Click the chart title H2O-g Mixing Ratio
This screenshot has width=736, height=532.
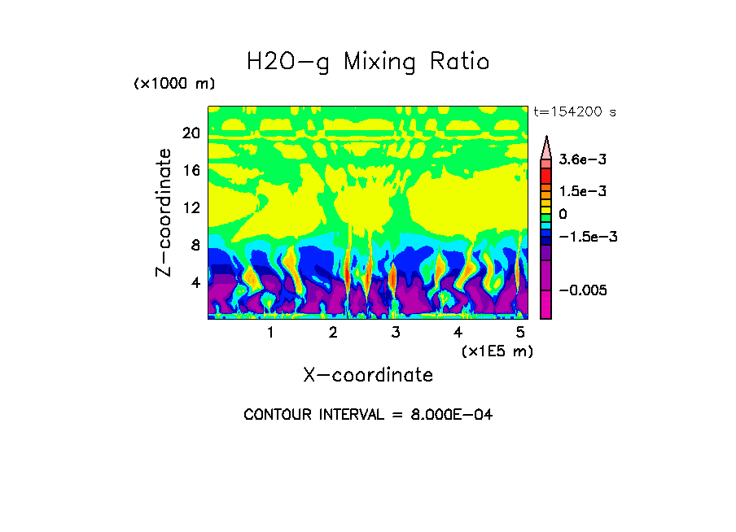tap(368, 62)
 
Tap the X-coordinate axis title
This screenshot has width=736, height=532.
tap(368, 375)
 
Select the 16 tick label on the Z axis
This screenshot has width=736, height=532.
tap(191, 170)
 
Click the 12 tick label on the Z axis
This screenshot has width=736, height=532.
tap(191, 207)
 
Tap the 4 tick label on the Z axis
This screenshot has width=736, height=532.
tap(195, 282)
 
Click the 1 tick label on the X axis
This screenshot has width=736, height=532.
tap(270, 333)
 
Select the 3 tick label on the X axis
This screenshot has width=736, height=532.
tap(395, 333)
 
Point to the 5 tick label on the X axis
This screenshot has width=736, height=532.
tap(520, 333)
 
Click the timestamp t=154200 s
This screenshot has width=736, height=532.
tap(574, 112)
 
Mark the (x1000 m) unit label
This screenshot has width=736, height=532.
tap(173, 85)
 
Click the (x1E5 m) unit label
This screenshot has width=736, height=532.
tap(497, 351)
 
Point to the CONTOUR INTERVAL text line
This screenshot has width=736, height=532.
tap(368, 415)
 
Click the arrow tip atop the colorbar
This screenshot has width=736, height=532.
tap(546, 138)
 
